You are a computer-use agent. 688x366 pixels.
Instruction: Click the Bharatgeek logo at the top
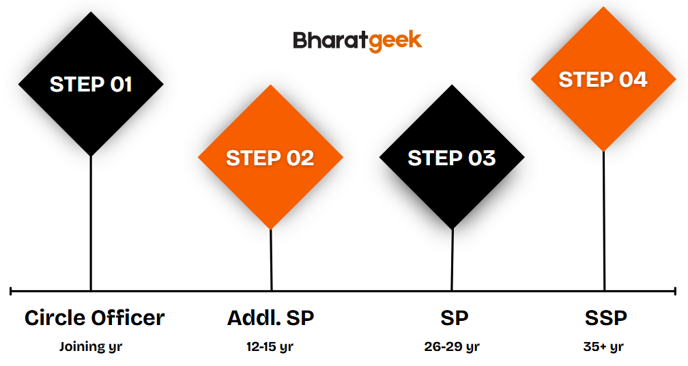(x=358, y=41)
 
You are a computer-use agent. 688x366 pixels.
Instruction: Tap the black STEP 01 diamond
(x=91, y=84)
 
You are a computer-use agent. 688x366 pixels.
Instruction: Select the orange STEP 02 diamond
(x=270, y=157)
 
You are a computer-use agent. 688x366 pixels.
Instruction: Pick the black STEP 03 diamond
(x=452, y=156)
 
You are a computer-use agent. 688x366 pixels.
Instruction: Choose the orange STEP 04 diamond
(x=603, y=79)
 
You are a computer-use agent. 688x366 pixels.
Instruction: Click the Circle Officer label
(x=94, y=318)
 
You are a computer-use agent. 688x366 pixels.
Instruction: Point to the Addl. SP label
(x=270, y=318)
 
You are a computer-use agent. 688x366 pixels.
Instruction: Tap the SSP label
(x=605, y=318)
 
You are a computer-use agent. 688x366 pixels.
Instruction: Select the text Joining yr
(x=91, y=347)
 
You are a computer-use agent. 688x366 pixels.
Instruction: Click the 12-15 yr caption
(x=270, y=347)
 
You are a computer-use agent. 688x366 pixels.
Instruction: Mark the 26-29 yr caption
(x=452, y=347)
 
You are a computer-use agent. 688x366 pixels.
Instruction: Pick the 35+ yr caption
(x=603, y=347)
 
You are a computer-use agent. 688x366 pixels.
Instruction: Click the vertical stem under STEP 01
(x=91, y=223)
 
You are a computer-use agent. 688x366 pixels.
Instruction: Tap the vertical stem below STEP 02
(x=271, y=259)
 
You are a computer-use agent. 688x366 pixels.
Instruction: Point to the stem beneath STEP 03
(x=452, y=259)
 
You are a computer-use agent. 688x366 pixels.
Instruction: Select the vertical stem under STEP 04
(x=604, y=221)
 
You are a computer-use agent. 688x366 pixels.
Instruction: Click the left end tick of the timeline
(x=10, y=290)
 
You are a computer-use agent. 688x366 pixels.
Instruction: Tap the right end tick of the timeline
(x=675, y=290)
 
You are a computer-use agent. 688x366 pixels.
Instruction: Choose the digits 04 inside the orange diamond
(x=633, y=79)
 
